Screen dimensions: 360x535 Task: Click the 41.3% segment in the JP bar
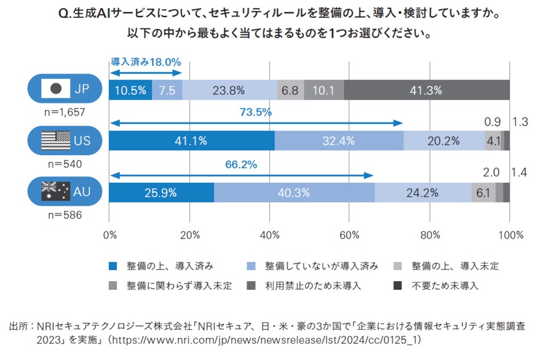click(426, 90)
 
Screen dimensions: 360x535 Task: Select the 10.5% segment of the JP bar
click(130, 90)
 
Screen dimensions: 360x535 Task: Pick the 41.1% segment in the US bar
click(191, 141)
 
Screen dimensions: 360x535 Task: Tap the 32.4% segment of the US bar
click(338, 141)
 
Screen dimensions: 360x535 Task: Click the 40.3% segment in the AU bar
click(294, 193)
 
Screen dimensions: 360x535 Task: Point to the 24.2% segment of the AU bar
click(422, 193)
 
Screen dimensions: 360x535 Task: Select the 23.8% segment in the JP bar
click(229, 90)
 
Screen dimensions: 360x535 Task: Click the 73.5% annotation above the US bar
click(256, 113)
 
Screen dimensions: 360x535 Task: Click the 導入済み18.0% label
click(146, 62)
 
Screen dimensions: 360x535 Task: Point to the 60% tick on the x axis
click(349, 234)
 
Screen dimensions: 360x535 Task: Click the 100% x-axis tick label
click(510, 234)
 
